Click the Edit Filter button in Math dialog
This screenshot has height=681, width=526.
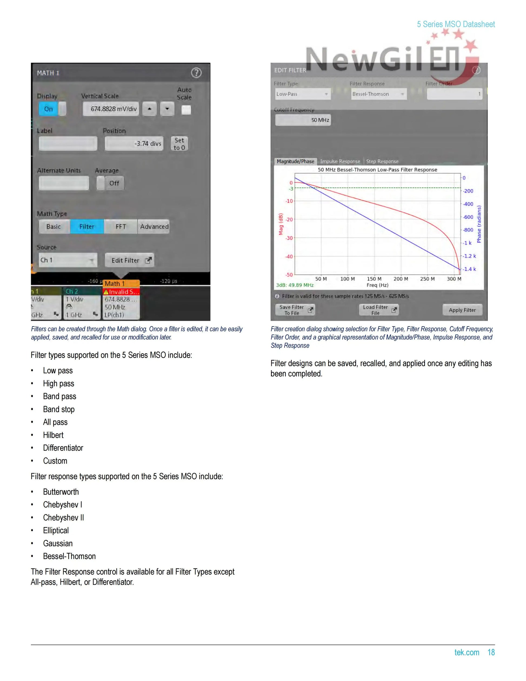coord(129,260)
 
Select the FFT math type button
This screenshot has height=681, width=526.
coord(121,227)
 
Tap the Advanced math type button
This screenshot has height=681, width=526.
coord(154,227)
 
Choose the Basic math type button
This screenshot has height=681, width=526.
coord(54,227)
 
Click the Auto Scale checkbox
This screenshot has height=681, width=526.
coord(186,110)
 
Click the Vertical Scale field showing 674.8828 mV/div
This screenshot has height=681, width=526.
coord(111,109)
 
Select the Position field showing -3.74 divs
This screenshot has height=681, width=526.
coord(134,143)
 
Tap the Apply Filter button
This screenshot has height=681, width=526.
coord(462,310)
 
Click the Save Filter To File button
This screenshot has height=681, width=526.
coord(295,310)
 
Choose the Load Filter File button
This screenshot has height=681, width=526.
coord(379,310)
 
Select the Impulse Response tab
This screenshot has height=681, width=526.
coord(340,161)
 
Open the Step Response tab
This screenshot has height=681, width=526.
coord(382,161)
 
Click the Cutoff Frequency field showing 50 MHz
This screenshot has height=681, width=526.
coord(303,120)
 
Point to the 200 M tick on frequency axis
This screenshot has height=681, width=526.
coord(400,279)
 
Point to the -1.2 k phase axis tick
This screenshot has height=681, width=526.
coord(469,256)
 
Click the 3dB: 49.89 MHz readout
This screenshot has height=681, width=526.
coord(295,285)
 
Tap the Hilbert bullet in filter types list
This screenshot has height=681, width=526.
coord(53,435)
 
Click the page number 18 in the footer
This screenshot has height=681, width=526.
coord(491,652)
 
